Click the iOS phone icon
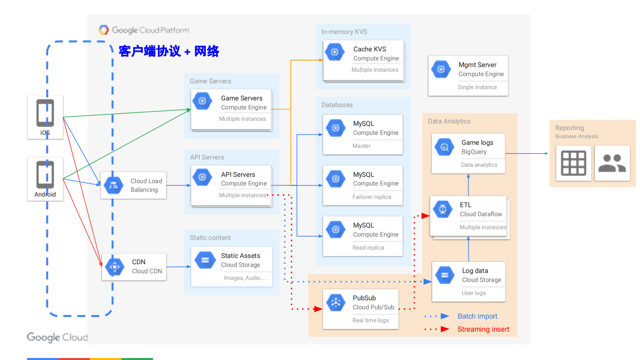pyautogui.click(x=45, y=113)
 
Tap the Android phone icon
pyautogui.click(x=45, y=174)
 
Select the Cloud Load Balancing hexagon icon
pyautogui.click(x=113, y=185)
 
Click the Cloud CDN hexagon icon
pyautogui.click(x=115, y=267)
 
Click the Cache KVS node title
pyautogui.click(x=370, y=49)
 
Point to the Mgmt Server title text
pyautogui.click(x=477, y=65)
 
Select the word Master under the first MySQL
pyautogui.click(x=362, y=146)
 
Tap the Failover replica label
pyautogui.click(x=372, y=197)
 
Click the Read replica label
pyautogui.click(x=368, y=248)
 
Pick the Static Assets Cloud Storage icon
pyautogui.click(x=205, y=260)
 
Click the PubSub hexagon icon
pyautogui.click(x=336, y=302)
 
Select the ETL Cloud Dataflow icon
pyautogui.click(x=443, y=209)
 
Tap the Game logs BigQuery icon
pyautogui.click(x=444, y=147)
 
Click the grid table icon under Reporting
pyautogui.click(x=573, y=163)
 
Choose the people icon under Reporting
pyautogui.click(x=612, y=163)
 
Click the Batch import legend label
pyautogui.click(x=477, y=316)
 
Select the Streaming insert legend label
pyautogui.click(x=483, y=329)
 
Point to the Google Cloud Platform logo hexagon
pyautogui.click(x=104, y=30)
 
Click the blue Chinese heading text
pyautogui.click(x=169, y=51)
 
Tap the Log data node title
pyautogui.click(x=475, y=271)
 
